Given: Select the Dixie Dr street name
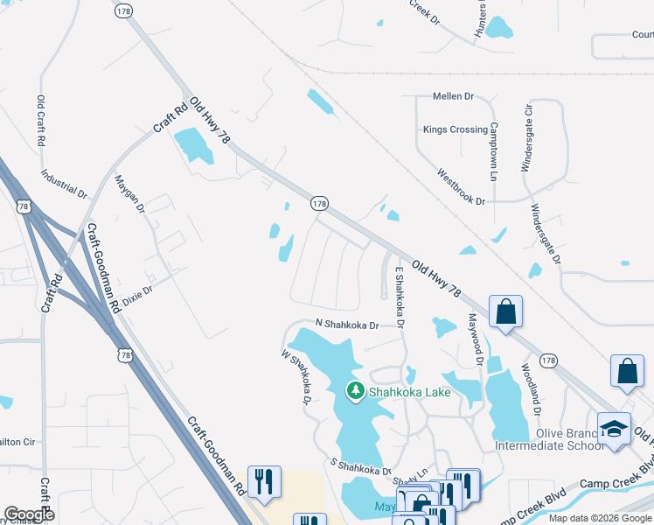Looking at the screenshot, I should point(137,293).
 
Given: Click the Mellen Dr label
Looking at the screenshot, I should point(453,95).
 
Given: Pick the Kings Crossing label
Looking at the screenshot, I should point(455,129).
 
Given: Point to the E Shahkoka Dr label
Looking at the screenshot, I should point(399,297).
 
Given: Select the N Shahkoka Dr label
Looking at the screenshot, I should point(346,325).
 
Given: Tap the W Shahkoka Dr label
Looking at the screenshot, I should point(296,378).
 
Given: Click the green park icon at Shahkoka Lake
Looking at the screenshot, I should point(356,391).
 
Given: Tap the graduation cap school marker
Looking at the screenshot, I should point(615,429).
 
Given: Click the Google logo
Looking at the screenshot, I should point(29,514).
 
